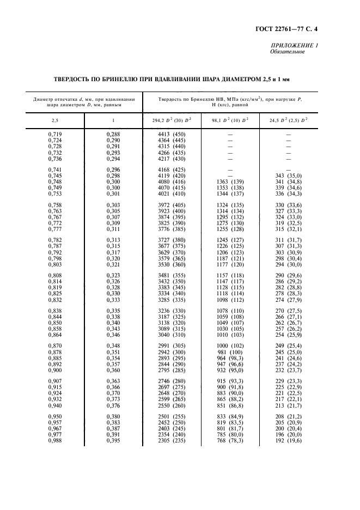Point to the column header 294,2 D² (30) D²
pyautogui.click(x=171, y=119)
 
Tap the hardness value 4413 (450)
pyautogui.click(x=171, y=134)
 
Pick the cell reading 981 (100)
pyautogui.click(x=231, y=353)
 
